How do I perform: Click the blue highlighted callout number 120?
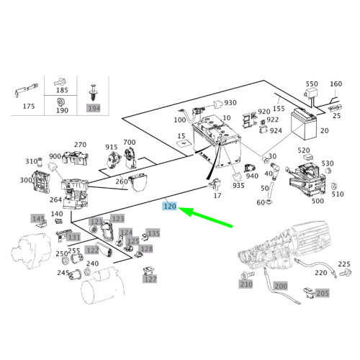tap(170, 205)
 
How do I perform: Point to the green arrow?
tap(209, 217)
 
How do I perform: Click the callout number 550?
tap(311, 84)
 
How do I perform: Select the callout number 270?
tap(80, 144)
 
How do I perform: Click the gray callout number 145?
tap(38, 218)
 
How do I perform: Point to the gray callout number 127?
tap(149, 279)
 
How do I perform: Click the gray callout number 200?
tap(280, 286)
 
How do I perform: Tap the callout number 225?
tap(344, 264)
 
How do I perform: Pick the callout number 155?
tap(279, 109)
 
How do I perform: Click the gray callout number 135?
tap(153, 233)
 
